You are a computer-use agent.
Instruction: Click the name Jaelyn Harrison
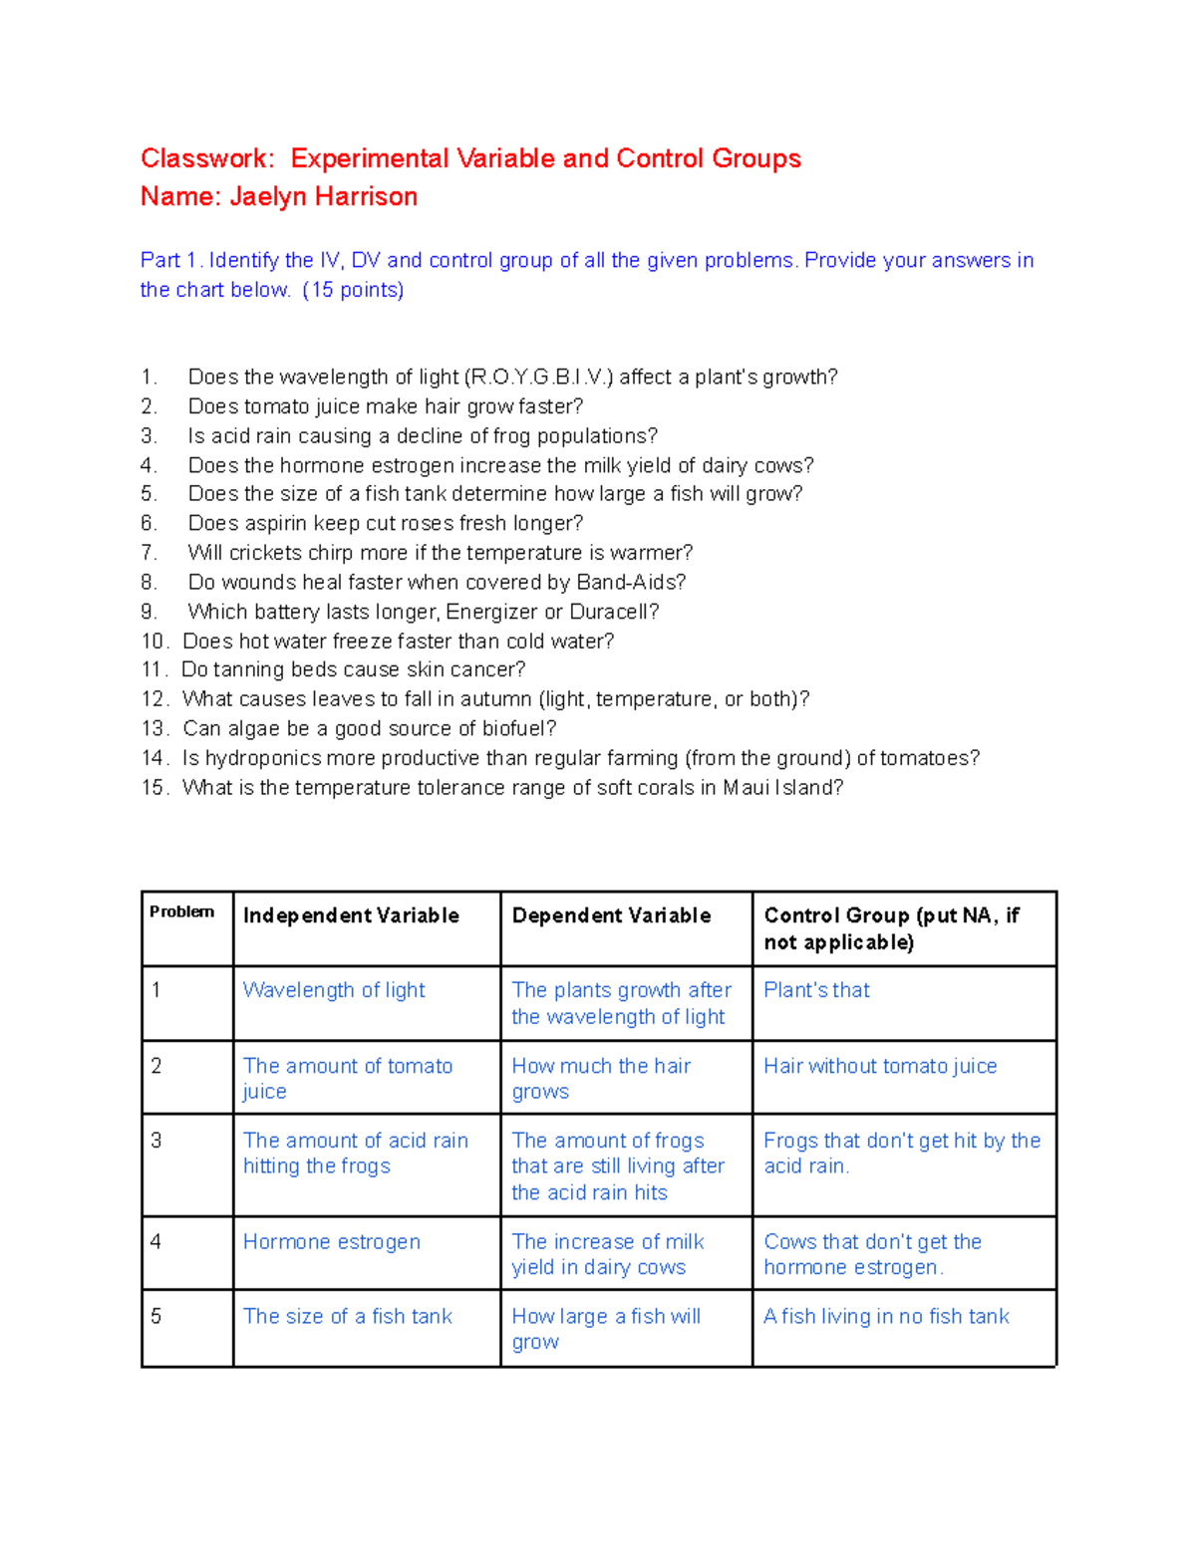pos(323,197)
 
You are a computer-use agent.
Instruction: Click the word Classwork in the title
pos(204,158)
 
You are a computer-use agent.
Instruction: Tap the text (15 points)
pos(353,290)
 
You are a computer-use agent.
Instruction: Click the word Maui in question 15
pos(746,788)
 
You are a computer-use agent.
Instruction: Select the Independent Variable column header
pos(351,915)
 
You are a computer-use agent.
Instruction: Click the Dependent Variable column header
pos(611,915)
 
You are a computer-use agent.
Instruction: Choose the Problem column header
pos(181,911)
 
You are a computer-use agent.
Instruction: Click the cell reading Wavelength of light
pos(334,990)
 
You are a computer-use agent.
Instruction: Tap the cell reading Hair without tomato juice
pos(880,1066)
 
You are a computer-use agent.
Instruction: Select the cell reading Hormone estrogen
pos(332,1242)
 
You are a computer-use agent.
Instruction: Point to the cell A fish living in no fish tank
pos(886,1317)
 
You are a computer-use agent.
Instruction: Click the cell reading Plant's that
pos(816,990)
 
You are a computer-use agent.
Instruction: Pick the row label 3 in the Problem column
pos(155,1141)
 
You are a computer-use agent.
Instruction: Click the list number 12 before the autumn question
pos(154,699)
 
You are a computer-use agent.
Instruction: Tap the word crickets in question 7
pos(265,553)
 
